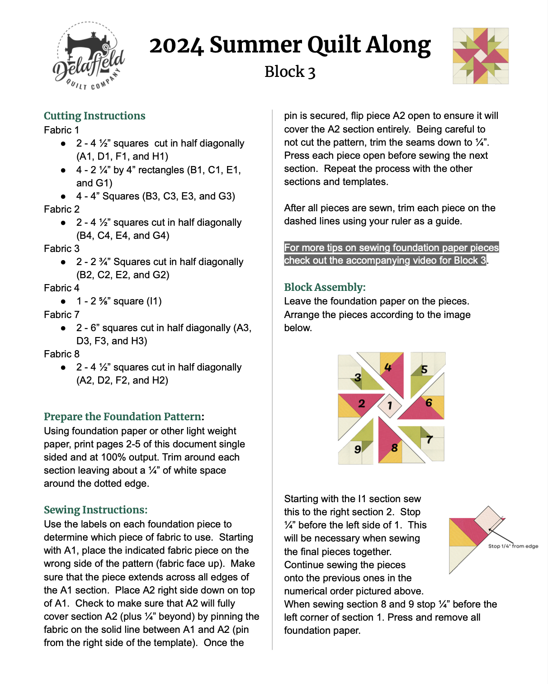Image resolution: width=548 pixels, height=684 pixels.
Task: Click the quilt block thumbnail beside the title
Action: pos(481,56)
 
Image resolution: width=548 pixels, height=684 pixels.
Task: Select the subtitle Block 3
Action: pos(290,72)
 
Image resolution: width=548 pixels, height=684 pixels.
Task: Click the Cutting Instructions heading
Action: pos(94,116)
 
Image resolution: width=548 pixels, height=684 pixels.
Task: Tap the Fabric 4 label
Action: pos(61,288)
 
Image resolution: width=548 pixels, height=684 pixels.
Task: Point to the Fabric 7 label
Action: pos(61,314)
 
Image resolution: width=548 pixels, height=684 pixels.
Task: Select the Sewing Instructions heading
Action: pos(95,510)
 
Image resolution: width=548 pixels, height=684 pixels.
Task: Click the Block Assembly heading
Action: pos(325,287)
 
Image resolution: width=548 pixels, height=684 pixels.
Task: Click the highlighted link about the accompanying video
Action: pos(391,254)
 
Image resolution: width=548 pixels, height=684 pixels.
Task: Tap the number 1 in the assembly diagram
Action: pos(390,406)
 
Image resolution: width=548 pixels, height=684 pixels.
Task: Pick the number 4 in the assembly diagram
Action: pos(388,367)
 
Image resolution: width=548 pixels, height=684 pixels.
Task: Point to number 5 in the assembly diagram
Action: pos(424,370)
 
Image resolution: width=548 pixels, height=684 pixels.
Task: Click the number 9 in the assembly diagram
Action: pos(358,449)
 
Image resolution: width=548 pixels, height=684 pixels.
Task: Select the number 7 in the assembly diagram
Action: pos(430,439)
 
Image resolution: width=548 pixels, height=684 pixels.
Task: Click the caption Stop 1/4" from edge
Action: pos(513,546)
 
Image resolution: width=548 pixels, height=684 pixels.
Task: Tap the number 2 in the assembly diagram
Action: pos(362,403)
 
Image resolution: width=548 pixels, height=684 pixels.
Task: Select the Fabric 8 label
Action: pos(61,354)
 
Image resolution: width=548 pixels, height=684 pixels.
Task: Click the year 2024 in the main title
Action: pos(176,45)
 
